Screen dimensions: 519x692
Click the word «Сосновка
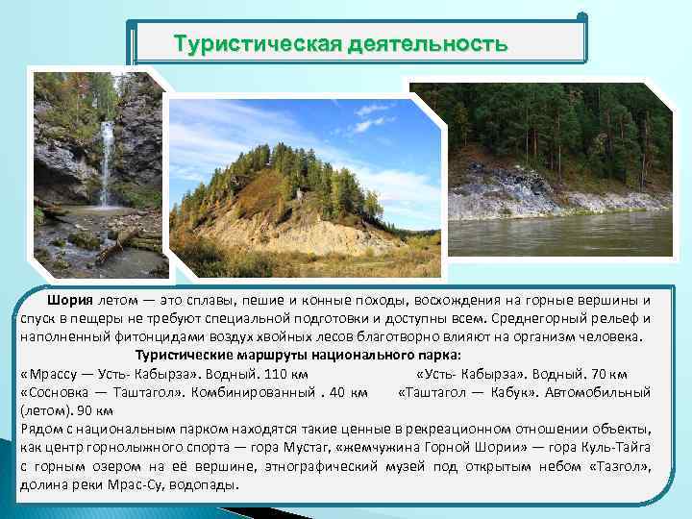pyautogui.click(x=57, y=392)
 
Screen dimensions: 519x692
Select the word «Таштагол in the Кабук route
pyautogui.click(x=439, y=392)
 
